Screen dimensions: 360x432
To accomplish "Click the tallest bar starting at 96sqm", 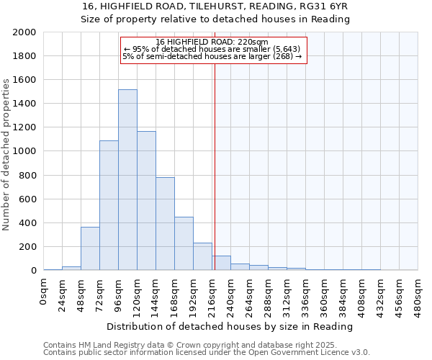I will tap(127, 180).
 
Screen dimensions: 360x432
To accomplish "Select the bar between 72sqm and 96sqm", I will tap(109, 205).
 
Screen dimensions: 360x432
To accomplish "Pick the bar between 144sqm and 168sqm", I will tap(165, 224).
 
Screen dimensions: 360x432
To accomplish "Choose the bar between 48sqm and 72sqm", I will tap(90, 249).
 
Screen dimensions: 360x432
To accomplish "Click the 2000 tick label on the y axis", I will tap(24, 32).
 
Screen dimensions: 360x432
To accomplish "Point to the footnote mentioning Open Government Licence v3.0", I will tap(207, 352).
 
